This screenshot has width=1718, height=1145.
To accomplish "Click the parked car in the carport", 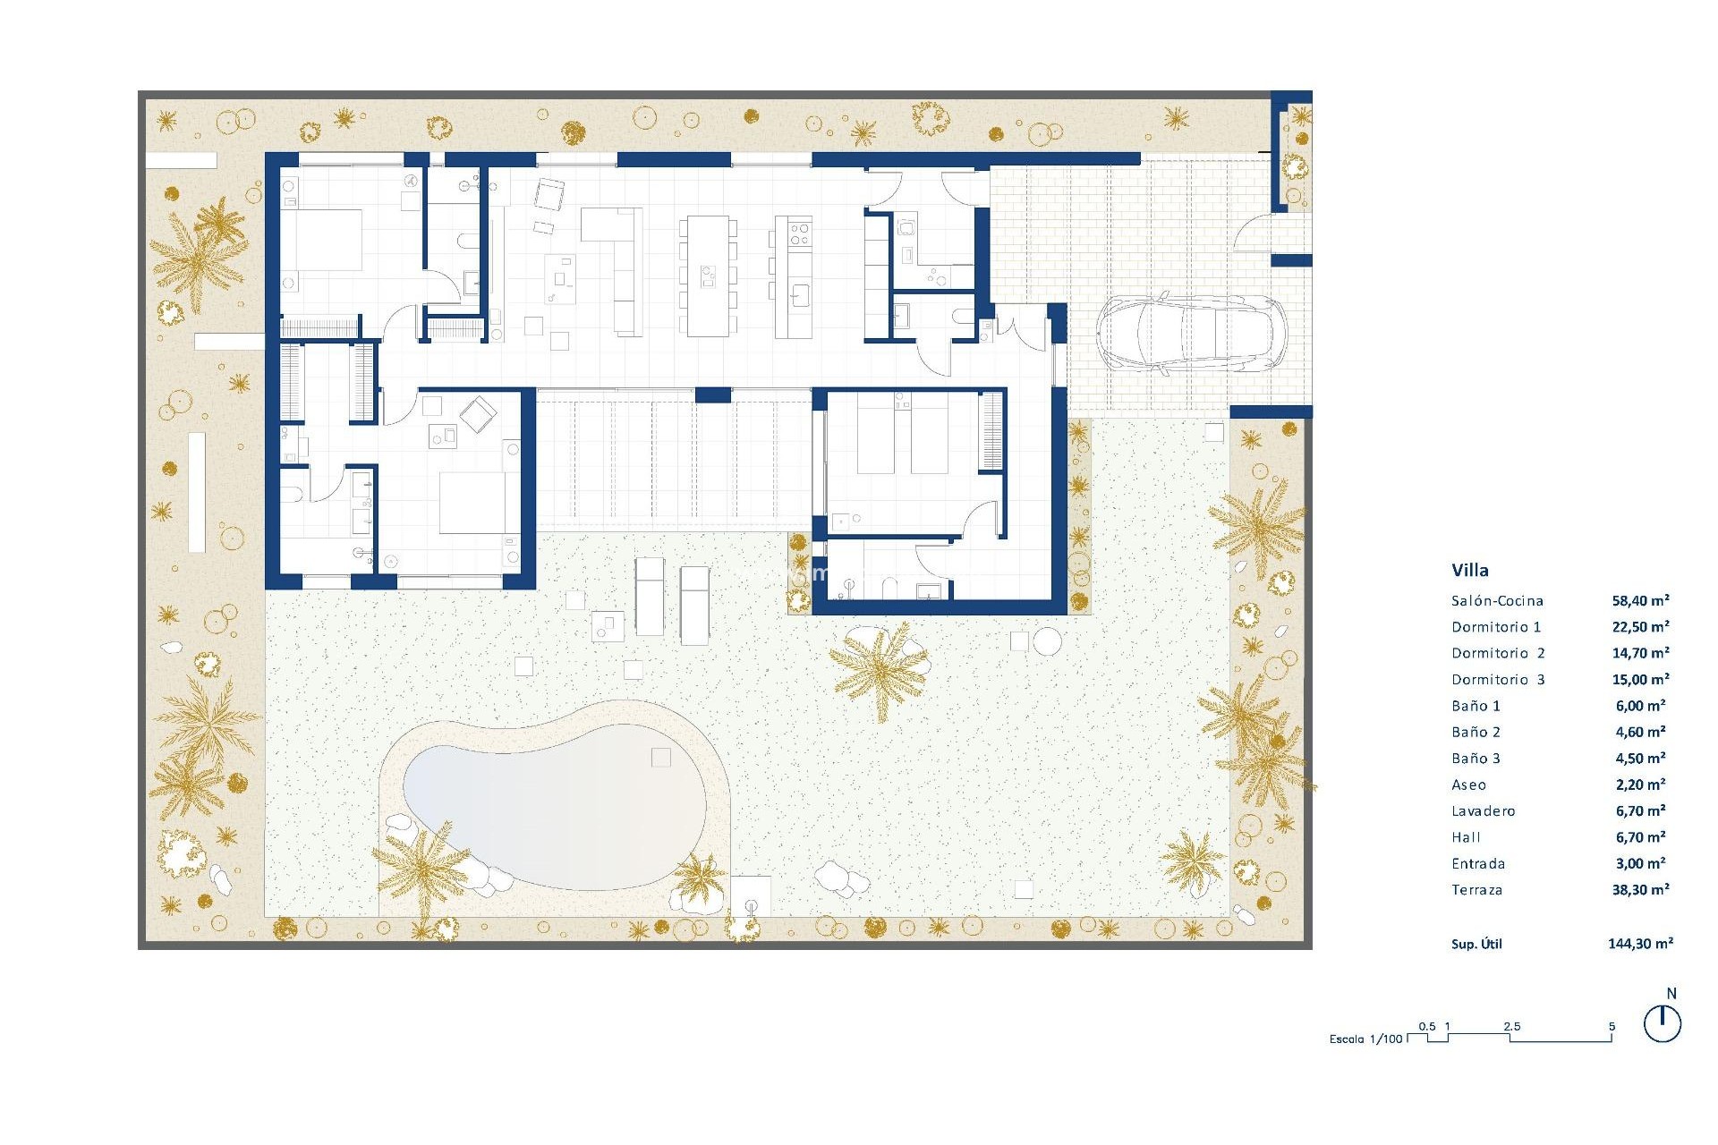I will point(1190,333).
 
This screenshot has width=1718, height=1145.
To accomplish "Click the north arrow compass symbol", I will point(1662,1023).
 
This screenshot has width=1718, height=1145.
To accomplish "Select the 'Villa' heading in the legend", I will point(1469,570).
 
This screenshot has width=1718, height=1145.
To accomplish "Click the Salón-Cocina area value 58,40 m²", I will point(1640,601).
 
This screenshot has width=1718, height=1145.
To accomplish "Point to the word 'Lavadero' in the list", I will point(1483,811).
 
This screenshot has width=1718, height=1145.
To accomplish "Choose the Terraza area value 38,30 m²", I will point(1640,890).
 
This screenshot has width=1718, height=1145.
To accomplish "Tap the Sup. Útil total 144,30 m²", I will point(1640,944).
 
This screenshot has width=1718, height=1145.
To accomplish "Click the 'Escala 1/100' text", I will point(1365,1039).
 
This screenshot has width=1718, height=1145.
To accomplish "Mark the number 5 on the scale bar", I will point(1612,1027).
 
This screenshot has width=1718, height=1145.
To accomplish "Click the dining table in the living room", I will point(708,276).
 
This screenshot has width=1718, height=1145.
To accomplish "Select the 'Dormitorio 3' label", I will point(1497,680).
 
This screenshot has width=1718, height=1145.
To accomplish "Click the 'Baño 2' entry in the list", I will point(1476,733).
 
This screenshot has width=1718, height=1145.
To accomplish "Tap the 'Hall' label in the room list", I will point(1466,837).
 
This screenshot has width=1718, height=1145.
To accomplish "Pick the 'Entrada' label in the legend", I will point(1478,864).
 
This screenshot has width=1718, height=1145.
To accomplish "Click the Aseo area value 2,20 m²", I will point(1640,785).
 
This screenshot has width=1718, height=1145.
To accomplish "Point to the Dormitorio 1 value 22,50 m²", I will point(1640,627).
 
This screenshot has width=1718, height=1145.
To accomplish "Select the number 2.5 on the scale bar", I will point(1511,1027).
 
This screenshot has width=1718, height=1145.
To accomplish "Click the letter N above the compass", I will point(1671,994).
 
